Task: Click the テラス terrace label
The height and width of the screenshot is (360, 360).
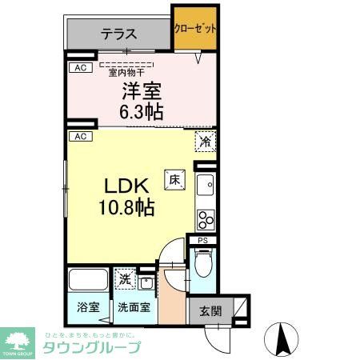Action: tap(119, 34)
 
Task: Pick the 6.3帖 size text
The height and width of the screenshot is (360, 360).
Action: tap(142, 111)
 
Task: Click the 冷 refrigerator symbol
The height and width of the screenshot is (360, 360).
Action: tap(205, 142)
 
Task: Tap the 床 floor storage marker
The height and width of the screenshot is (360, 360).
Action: tap(173, 180)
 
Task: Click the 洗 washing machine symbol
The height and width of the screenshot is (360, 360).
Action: tap(125, 279)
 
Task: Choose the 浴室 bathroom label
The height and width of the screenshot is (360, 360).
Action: tap(87, 306)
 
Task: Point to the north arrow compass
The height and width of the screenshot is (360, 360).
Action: tap(282, 339)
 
